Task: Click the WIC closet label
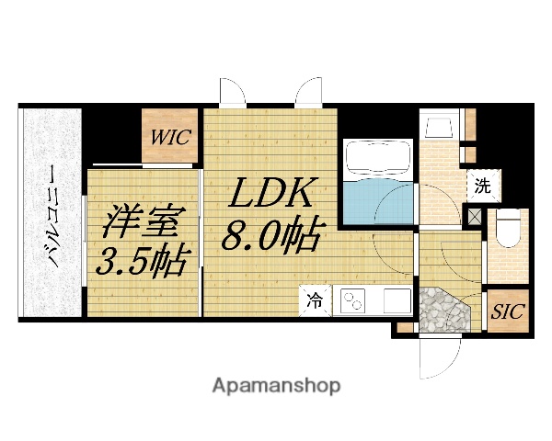(171, 139)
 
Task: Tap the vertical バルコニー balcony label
(52, 215)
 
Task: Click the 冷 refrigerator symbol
(315, 299)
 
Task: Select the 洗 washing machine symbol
(482, 185)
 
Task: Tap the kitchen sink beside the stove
(396, 300)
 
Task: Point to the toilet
(507, 231)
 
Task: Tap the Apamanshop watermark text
(276, 385)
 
